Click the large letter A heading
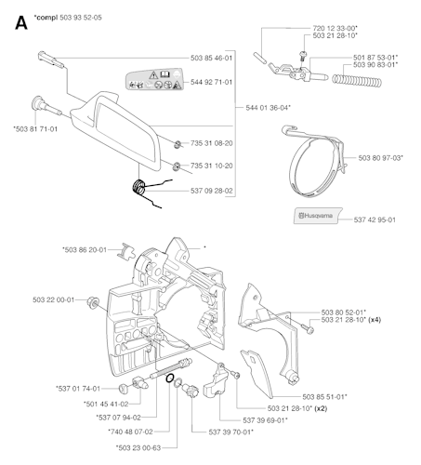pyautogui.click(x=21, y=22)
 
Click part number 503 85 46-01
pyautogui.click(x=211, y=58)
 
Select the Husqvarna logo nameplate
pyautogui.click(x=318, y=216)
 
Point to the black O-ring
pyautogui.click(x=170, y=379)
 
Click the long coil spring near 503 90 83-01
pyautogui.click(x=357, y=80)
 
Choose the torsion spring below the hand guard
pyautogui.click(x=148, y=193)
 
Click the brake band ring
pyautogui.click(x=317, y=162)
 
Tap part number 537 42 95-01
pyautogui.click(x=375, y=219)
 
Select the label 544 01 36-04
pyautogui.click(x=268, y=108)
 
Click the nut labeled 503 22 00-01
pyautogui.click(x=93, y=301)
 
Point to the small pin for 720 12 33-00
pyautogui.click(x=259, y=58)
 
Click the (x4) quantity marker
pyautogui.click(x=375, y=320)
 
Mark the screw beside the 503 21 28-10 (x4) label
pyautogui.click(x=307, y=328)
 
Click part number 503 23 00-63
pyautogui.click(x=138, y=447)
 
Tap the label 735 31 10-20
pyautogui.click(x=212, y=166)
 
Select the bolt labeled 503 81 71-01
pyautogui.click(x=46, y=106)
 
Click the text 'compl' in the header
pyautogui.click(x=46, y=18)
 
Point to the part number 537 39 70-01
pyautogui.click(x=230, y=432)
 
